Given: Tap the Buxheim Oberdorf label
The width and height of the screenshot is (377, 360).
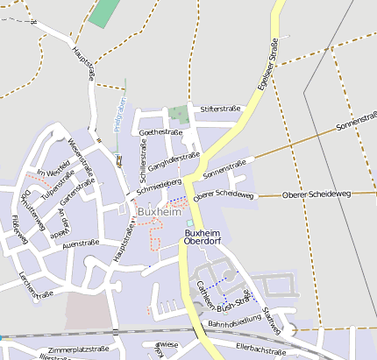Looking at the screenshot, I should [x=204, y=238].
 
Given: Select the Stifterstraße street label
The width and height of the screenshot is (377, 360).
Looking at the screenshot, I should [x=220, y=109].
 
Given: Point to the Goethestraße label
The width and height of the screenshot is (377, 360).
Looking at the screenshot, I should [x=160, y=132].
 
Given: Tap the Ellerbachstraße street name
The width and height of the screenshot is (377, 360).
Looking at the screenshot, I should [x=262, y=349].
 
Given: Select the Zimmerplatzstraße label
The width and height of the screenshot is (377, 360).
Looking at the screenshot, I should [x=75, y=349].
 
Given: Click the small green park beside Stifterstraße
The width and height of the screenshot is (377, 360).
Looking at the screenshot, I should [x=180, y=115].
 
